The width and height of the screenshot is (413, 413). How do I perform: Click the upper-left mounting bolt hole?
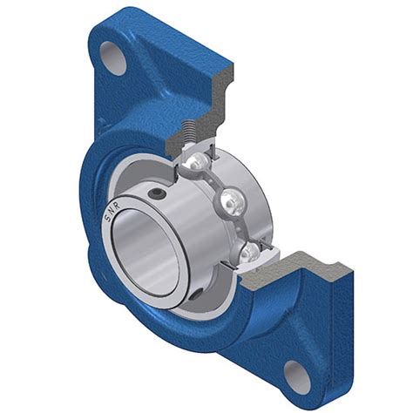(x=113, y=58)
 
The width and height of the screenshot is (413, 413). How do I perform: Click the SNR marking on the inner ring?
(x=112, y=212)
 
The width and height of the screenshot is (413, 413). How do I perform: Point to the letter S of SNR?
(x=107, y=219)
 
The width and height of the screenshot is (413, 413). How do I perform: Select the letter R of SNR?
(x=117, y=206)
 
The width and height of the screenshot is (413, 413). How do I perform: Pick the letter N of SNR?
(x=112, y=212)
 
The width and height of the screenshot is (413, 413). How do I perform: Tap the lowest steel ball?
(x=250, y=251)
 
